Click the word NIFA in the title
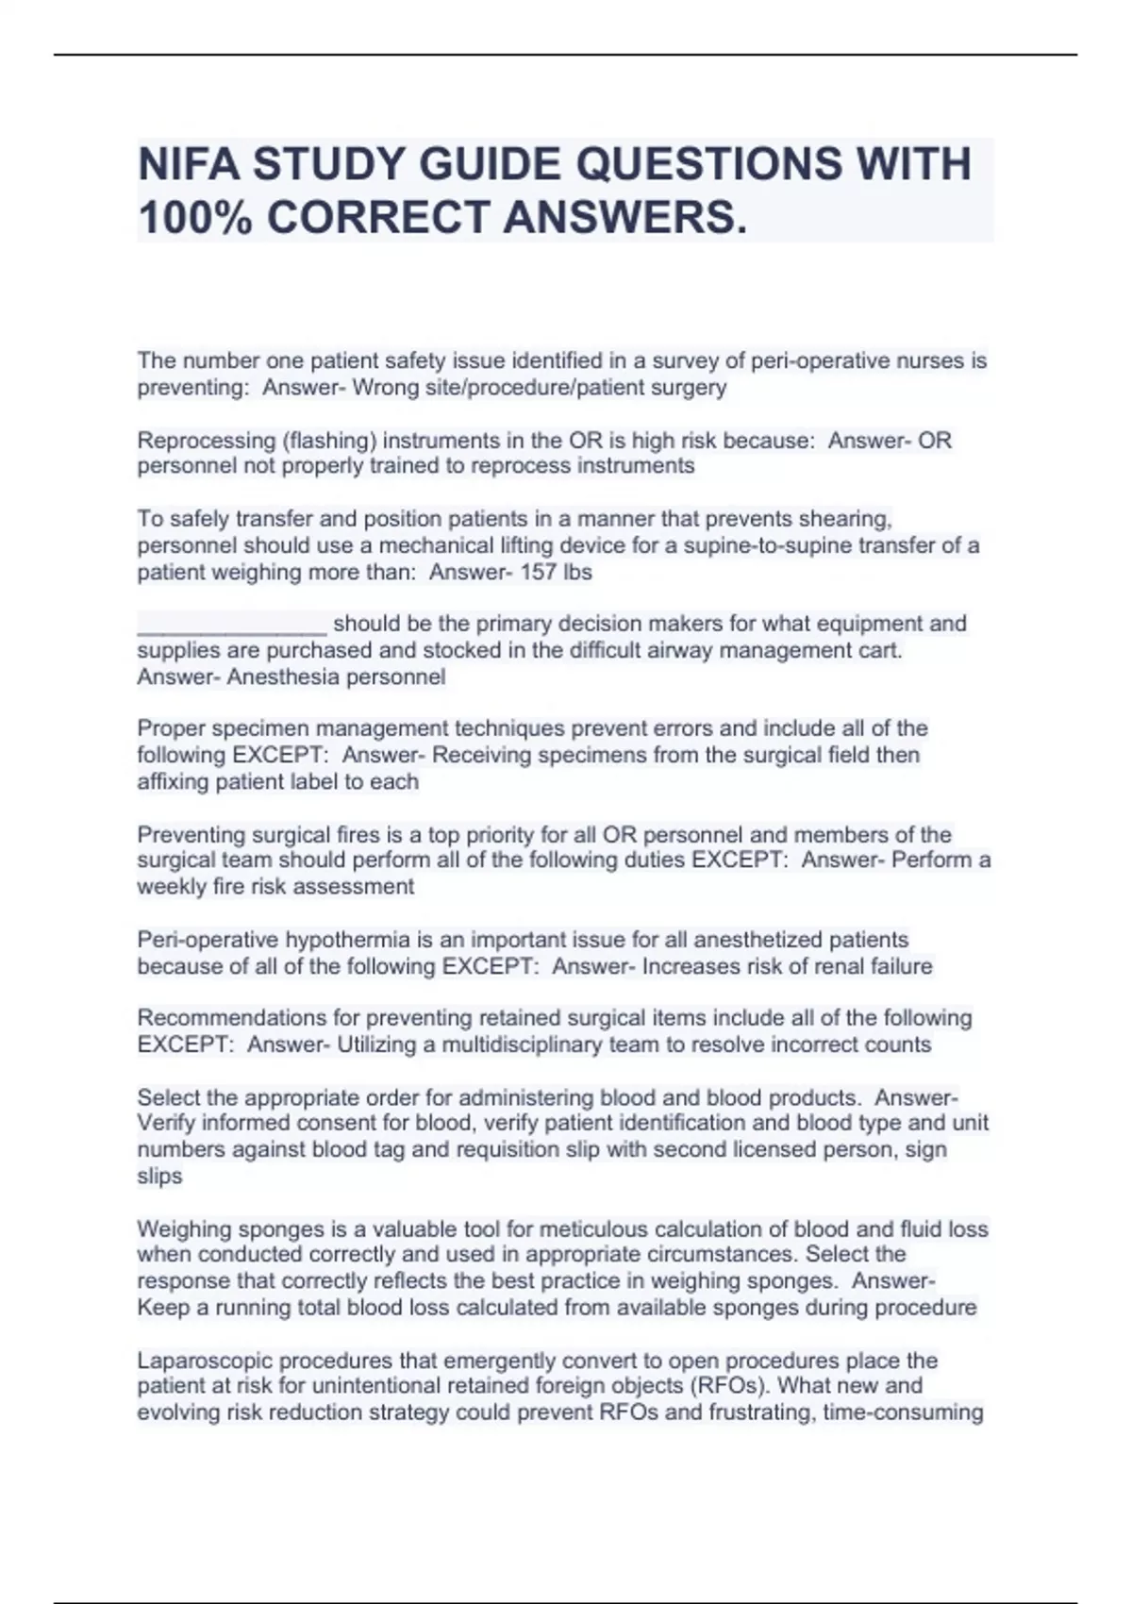coord(188,164)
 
